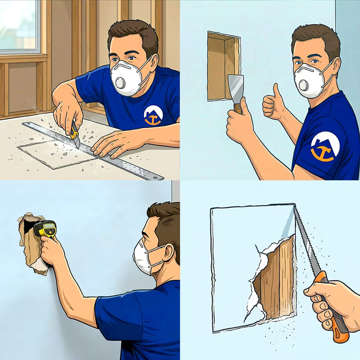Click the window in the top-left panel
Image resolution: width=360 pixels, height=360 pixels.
coord(19,26)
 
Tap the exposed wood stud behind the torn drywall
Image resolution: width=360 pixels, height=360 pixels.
coord(278,281)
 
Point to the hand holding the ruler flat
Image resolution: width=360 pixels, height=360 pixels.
coord(111,143)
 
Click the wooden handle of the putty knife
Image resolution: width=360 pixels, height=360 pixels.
coord(238,108)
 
